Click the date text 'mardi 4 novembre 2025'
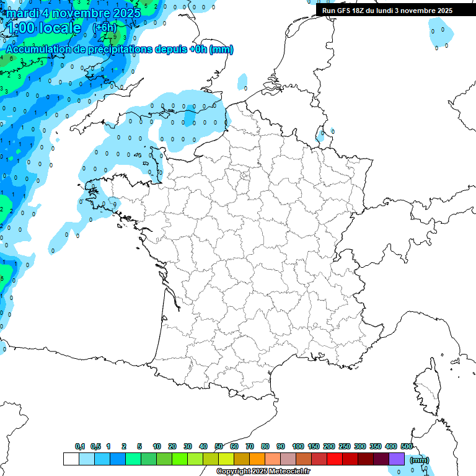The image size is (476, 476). [73, 12]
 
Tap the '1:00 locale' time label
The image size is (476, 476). [43, 28]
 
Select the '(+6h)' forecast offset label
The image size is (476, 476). [104, 27]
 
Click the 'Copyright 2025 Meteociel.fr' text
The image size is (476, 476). [263, 472]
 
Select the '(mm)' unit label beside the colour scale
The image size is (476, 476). [420, 460]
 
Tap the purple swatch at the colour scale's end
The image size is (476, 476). [397, 459]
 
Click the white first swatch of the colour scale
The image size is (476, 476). [71, 459]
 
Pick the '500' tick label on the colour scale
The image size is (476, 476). [407, 446]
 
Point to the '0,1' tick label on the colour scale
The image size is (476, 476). [80, 446]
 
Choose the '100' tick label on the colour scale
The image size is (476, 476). [297, 446]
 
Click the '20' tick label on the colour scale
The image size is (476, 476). [172, 446]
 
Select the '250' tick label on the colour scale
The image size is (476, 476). [345, 446]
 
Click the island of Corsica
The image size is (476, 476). [428, 387]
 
